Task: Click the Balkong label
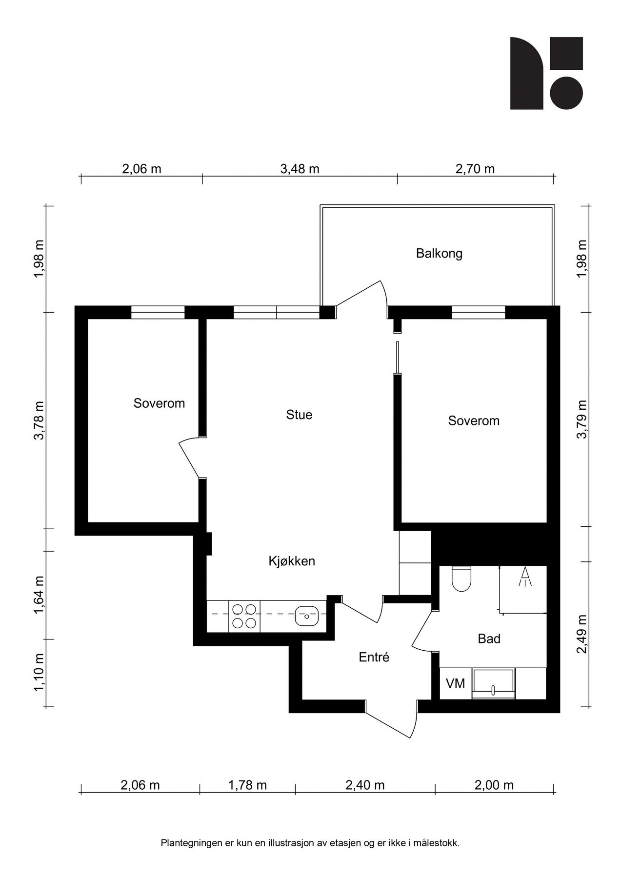tap(439, 254)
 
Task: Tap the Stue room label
tap(299, 415)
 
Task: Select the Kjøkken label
tap(292, 561)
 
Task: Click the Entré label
tap(374, 657)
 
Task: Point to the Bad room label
tap(489, 639)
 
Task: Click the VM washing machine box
tap(456, 683)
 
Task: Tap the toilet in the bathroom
tap(461, 579)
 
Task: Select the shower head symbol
tap(525, 577)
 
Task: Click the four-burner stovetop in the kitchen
tap(244, 616)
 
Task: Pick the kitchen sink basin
tap(307, 616)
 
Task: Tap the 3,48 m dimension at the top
tap(300, 169)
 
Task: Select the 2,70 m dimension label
tap(475, 169)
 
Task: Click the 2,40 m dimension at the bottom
tap(365, 785)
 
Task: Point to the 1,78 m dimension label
tap(247, 785)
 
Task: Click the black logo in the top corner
tap(546, 73)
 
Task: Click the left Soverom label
tap(159, 403)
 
